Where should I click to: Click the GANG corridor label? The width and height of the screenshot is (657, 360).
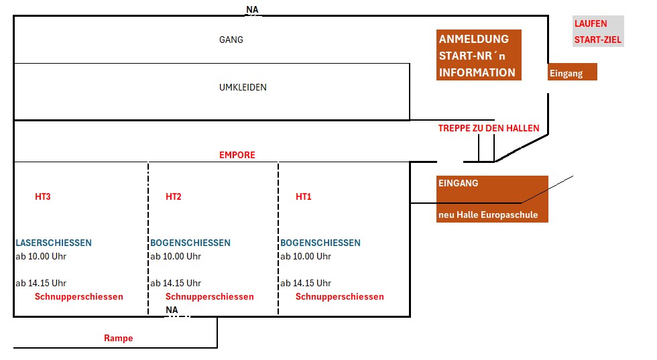(231, 40)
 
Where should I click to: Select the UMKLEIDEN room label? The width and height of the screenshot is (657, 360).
(243, 87)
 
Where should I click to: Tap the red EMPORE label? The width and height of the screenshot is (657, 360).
(237, 155)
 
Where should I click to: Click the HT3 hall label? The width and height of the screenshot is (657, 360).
(43, 196)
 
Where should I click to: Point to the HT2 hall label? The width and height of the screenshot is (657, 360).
(174, 196)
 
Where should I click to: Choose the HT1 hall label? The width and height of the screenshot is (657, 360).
(304, 196)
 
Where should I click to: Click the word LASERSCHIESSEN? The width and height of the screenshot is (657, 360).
(54, 243)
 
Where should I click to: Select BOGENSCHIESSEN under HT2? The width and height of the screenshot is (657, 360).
(190, 243)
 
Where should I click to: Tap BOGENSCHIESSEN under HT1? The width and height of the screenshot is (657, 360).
(320, 243)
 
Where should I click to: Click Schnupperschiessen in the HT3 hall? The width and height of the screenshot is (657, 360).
(79, 296)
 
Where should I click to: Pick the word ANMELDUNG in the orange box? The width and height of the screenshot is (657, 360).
(474, 39)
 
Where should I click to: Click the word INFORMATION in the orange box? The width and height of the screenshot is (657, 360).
(477, 72)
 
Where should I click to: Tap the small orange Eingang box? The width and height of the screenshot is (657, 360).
(572, 72)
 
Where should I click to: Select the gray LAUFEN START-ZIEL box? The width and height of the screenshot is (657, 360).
(598, 32)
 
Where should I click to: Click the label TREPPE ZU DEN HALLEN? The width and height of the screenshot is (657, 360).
(489, 128)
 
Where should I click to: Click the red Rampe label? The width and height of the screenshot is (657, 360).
(119, 338)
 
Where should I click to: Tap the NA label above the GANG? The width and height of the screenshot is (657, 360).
(252, 9)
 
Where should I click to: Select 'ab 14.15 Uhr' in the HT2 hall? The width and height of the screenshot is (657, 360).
(176, 283)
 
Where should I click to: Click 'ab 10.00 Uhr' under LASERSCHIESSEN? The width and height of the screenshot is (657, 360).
(41, 256)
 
